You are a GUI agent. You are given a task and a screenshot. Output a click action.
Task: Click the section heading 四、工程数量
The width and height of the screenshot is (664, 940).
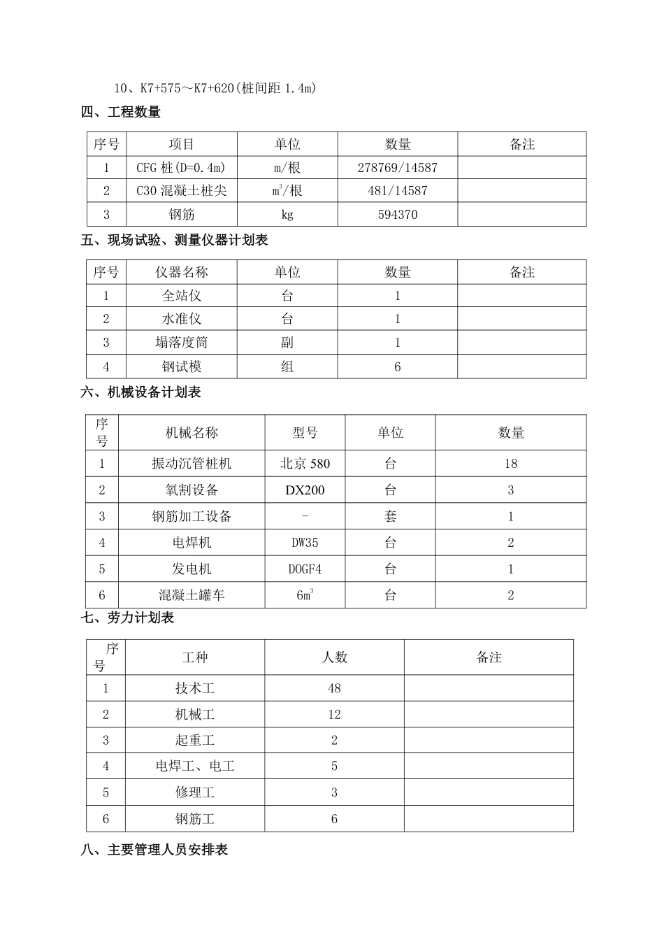click(121, 112)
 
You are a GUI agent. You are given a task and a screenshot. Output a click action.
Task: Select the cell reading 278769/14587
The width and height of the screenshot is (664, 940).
click(397, 168)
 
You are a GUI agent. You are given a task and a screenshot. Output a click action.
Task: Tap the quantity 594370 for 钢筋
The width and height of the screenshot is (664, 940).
click(397, 215)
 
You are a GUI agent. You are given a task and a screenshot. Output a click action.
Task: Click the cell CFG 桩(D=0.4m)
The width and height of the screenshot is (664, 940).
click(181, 168)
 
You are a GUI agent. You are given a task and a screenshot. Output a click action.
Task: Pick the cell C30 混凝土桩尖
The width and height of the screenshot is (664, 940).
click(181, 191)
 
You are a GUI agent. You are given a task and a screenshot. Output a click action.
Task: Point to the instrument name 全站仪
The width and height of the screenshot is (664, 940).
click(181, 296)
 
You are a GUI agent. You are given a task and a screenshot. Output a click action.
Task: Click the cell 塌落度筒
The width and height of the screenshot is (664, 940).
click(181, 343)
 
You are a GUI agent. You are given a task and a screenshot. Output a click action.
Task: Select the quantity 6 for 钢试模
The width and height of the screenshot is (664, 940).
click(397, 366)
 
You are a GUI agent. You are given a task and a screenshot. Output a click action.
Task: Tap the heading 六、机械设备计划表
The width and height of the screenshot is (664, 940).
click(141, 392)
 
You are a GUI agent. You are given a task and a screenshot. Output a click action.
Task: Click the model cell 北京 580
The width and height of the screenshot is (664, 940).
click(305, 464)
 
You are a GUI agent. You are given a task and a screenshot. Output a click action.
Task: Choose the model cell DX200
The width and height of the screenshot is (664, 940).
click(305, 490)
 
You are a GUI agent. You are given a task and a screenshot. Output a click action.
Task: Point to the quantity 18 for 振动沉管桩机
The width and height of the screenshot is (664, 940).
click(510, 464)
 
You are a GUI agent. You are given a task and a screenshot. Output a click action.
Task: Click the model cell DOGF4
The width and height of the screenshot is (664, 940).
click(305, 569)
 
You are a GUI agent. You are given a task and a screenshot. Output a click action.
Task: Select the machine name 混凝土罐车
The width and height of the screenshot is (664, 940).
click(191, 595)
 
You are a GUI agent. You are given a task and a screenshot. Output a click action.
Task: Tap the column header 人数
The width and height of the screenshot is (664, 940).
click(334, 657)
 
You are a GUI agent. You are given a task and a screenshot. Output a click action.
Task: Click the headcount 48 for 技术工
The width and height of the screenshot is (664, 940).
click(334, 688)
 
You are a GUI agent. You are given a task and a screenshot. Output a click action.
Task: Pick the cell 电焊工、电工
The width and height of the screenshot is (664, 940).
click(194, 767)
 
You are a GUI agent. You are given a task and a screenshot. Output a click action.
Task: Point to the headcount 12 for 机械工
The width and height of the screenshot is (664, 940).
click(334, 715)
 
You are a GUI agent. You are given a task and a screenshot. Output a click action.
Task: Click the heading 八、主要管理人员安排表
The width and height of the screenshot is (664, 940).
click(154, 850)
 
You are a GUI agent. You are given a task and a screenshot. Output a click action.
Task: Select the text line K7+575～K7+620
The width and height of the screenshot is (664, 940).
click(215, 88)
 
